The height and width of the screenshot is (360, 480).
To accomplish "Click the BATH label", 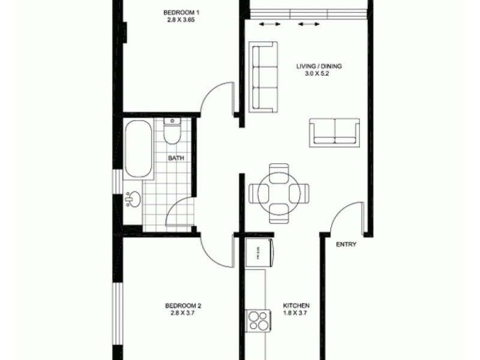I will (x=176, y=158).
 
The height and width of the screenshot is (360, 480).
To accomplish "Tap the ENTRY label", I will (x=346, y=244).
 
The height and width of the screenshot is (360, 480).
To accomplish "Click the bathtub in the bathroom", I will (x=138, y=149).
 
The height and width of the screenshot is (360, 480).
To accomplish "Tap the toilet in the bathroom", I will (x=172, y=132).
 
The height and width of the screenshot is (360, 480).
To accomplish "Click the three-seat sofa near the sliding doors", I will (x=263, y=77).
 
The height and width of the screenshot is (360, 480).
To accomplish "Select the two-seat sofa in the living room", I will (x=334, y=131).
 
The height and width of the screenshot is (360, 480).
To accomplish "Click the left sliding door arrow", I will (x=269, y=25).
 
